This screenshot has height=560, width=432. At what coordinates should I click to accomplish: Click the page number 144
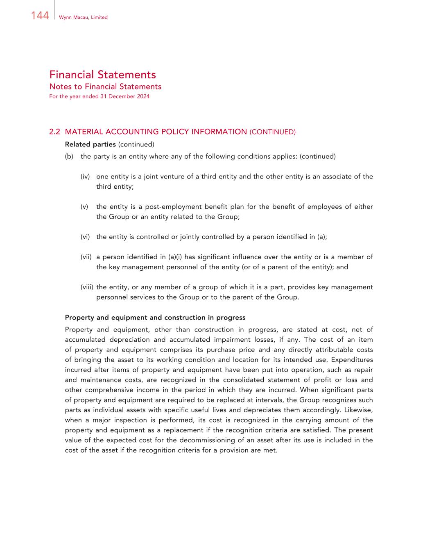[x=40, y=16]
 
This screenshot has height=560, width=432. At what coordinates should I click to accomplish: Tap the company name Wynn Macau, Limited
[x=83, y=17]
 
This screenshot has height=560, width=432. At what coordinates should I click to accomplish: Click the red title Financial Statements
[x=102, y=75]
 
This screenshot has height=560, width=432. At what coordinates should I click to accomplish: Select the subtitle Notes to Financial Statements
[x=105, y=87]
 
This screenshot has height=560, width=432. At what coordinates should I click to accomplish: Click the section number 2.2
[x=55, y=132]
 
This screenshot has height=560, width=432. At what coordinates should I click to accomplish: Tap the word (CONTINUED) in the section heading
[x=272, y=132]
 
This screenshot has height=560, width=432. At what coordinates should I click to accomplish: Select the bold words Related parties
[x=90, y=144]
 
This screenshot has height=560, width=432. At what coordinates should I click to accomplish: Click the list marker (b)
[x=69, y=156]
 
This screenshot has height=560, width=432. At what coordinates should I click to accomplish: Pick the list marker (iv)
[x=85, y=176]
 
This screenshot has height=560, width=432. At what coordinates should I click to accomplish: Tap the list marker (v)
[x=84, y=207]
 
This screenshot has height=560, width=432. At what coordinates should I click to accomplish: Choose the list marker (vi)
[x=85, y=237]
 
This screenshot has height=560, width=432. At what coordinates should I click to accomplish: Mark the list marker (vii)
[x=86, y=257]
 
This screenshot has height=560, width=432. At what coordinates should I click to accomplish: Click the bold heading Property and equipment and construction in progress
[x=155, y=318]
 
